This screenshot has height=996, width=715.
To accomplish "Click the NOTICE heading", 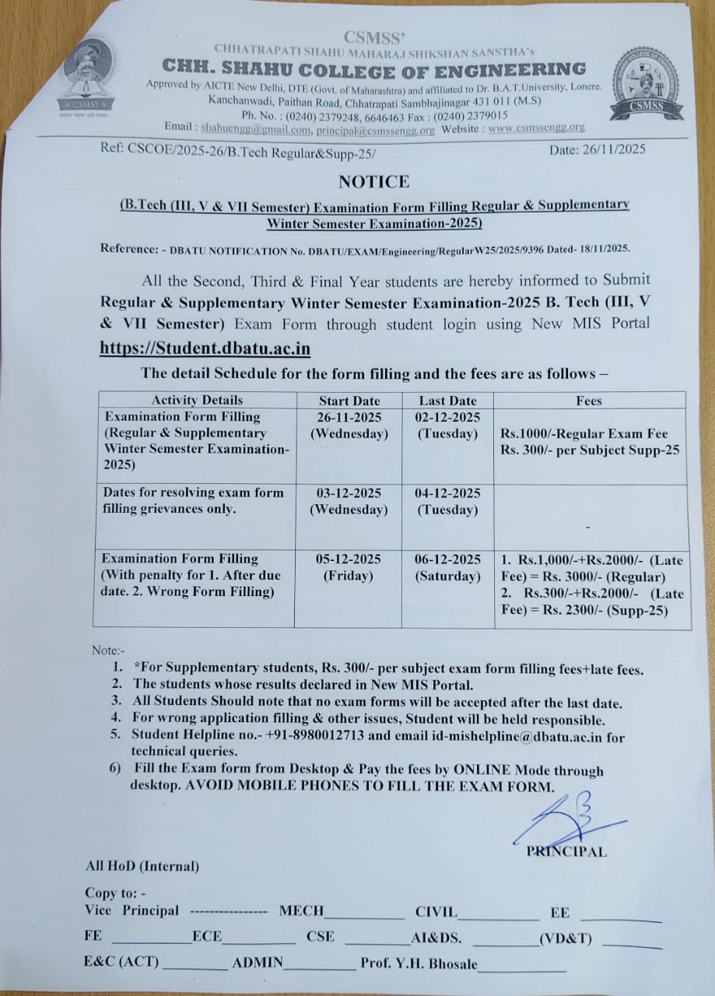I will [x=373, y=181].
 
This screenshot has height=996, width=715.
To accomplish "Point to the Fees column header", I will [x=590, y=402].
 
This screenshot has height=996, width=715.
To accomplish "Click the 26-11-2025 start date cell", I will [x=349, y=426].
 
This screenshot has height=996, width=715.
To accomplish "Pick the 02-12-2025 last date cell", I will [x=447, y=426].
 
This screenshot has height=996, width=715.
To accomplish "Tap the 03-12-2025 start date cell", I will [x=349, y=501].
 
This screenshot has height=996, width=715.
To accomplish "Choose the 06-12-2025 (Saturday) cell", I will [x=447, y=567].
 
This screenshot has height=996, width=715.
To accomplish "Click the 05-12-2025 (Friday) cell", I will [x=349, y=567].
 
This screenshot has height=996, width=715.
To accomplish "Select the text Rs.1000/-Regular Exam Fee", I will [x=584, y=433].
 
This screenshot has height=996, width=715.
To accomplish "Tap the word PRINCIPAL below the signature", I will [x=566, y=851].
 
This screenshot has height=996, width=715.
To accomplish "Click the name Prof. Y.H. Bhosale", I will [x=419, y=963].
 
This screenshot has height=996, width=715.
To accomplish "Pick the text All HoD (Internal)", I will [x=142, y=865].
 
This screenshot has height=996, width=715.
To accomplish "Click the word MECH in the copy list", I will [x=301, y=910].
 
